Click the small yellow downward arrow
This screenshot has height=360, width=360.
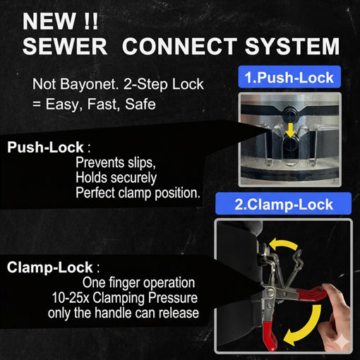click(289, 128)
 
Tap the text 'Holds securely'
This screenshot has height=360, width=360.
click(116, 178)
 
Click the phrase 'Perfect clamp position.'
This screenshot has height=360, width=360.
click(138, 192)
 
